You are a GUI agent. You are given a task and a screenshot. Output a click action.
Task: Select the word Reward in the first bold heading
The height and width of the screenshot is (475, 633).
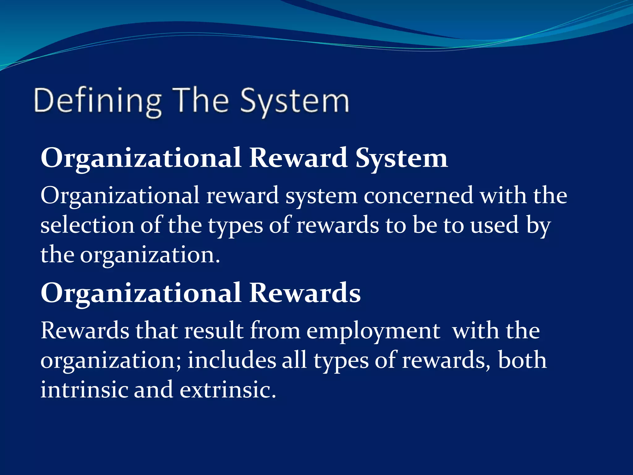coord(298,158)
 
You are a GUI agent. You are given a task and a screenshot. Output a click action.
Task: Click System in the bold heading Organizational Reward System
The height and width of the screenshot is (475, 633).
coord(401,158)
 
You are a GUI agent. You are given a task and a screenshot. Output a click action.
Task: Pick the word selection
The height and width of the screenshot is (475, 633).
coord(87,225)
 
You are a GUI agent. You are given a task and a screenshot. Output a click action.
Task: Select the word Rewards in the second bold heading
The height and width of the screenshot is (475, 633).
coord(305,293)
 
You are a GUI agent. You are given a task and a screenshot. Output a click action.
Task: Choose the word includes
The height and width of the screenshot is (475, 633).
coord(232,361)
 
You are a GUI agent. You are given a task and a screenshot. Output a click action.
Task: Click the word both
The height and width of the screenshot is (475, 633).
coord(522,361)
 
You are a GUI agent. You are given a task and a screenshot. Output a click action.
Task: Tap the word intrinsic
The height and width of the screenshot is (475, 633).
coord(84,390)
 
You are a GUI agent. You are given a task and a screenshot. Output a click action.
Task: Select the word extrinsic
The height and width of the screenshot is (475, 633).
coord(228,390)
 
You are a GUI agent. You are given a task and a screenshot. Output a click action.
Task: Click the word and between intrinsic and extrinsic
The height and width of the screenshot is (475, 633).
coord(153,390)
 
